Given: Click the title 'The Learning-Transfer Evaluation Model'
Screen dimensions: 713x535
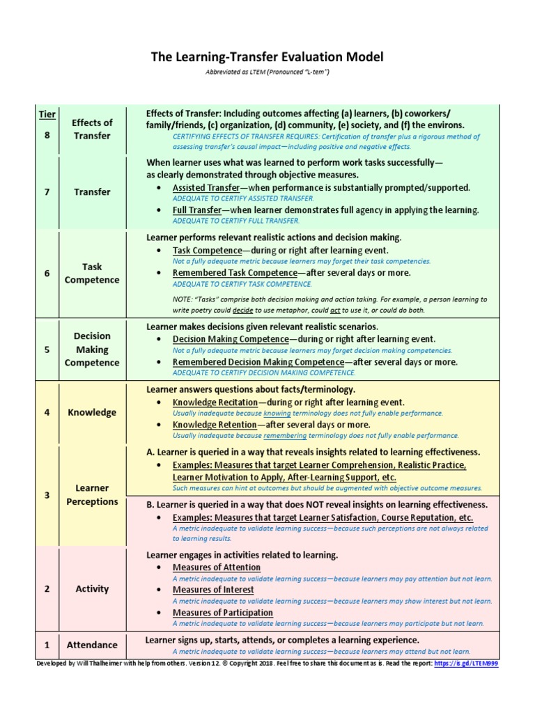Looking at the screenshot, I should pos(267,57).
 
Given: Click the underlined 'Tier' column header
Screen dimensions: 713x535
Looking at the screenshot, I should pos(47,114).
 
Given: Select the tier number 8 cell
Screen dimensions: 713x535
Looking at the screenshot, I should pos(47,135).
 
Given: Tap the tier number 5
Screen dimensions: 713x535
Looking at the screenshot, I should pos(47,350).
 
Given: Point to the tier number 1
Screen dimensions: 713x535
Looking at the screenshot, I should pos(47,645).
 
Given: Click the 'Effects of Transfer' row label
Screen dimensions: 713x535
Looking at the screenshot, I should pos(92,129).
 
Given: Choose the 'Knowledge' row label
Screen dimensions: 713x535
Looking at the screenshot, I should pos(92,412).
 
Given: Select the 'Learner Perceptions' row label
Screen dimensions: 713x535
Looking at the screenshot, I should pos(92,494).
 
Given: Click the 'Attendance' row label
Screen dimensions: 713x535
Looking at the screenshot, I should pos(92,645).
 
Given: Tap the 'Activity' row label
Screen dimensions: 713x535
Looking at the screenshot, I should pos(92,588).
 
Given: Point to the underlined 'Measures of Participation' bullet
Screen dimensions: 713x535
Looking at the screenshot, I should pos(223,613).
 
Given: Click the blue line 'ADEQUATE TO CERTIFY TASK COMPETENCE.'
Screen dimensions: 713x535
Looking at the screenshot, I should pos(242,283).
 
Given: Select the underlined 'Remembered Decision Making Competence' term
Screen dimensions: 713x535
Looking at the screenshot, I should pos(258,362).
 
